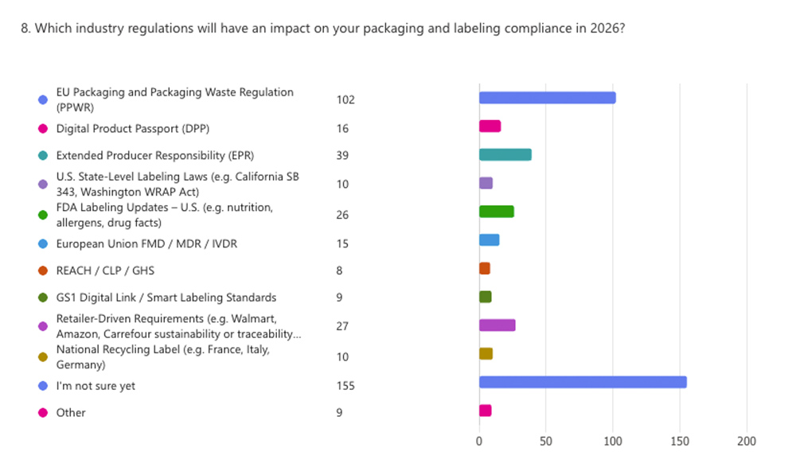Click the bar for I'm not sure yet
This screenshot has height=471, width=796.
[583, 382]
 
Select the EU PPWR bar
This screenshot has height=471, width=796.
[547, 98]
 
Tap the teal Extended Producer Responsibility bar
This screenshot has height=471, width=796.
[505, 154]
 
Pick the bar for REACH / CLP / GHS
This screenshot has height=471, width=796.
[484, 269]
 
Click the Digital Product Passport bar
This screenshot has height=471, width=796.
[490, 126]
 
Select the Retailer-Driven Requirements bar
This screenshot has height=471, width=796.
[497, 325]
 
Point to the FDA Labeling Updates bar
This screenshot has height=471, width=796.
[496, 212]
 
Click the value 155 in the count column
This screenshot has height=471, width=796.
[345, 386]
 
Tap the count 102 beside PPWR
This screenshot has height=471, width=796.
[345, 99]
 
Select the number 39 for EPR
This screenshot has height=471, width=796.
[342, 155]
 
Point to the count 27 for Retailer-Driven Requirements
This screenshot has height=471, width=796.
[342, 326]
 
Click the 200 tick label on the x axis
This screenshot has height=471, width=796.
[747, 442]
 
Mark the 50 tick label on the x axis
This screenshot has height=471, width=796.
[546, 442]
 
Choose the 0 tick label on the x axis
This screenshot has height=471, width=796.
[479, 442]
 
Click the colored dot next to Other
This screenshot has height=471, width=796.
[43, 413]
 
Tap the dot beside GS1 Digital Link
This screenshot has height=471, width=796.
[43, 298]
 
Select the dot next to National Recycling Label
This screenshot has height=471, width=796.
[43, 357]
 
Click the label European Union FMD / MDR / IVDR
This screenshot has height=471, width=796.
[146, 243]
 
